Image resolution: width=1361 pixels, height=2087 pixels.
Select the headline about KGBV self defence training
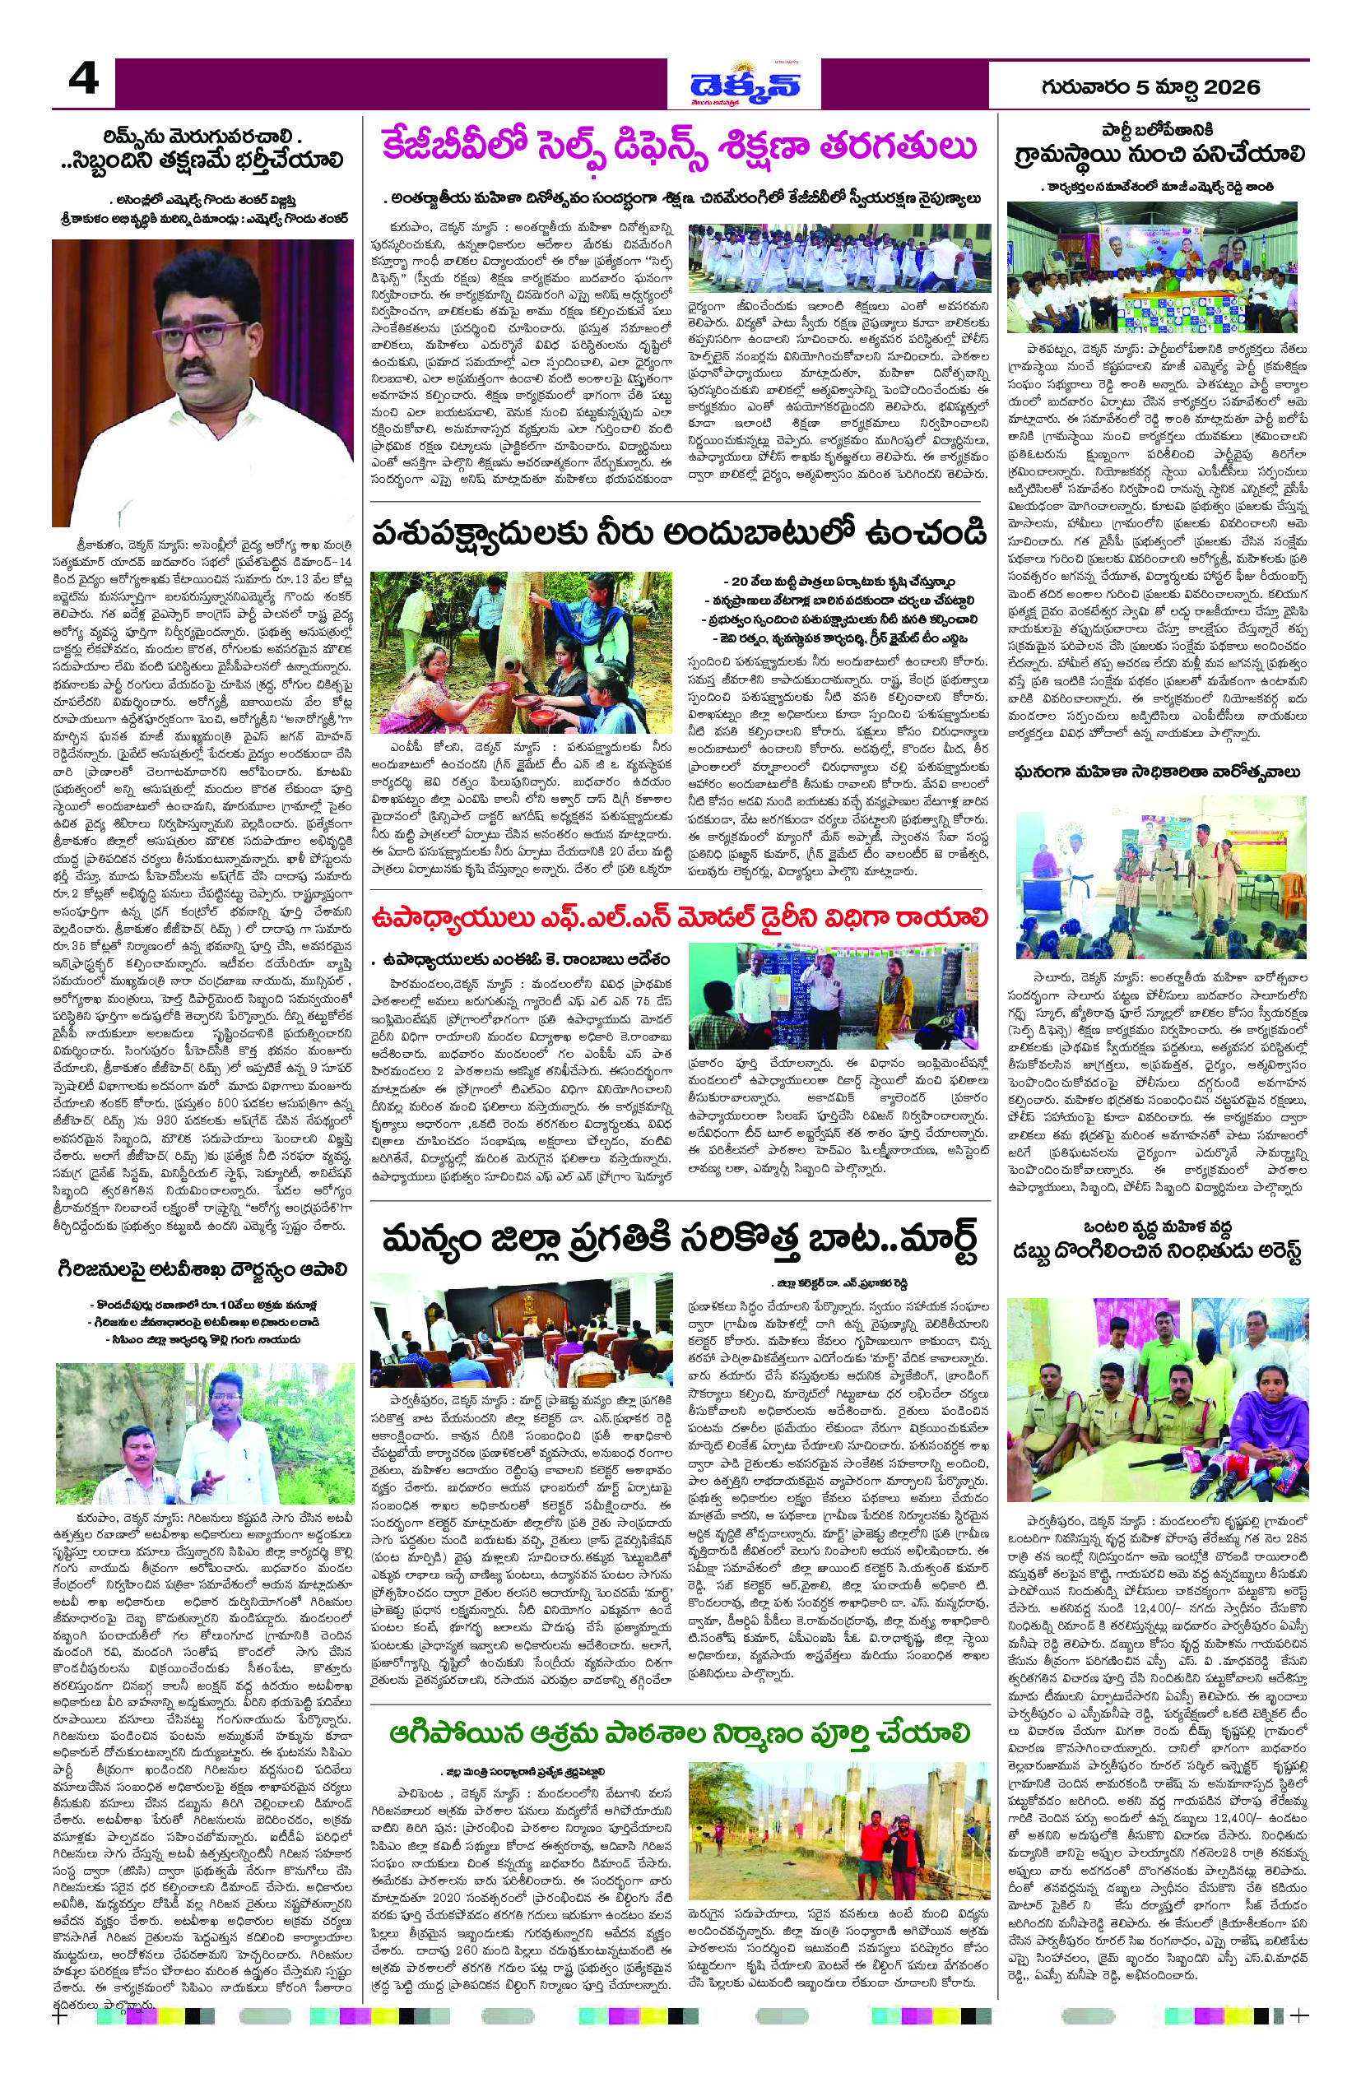pyautogui.click(x=680, y=149)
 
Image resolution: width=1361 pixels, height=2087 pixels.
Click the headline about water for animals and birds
pyautogui.click(x=680, y=533)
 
